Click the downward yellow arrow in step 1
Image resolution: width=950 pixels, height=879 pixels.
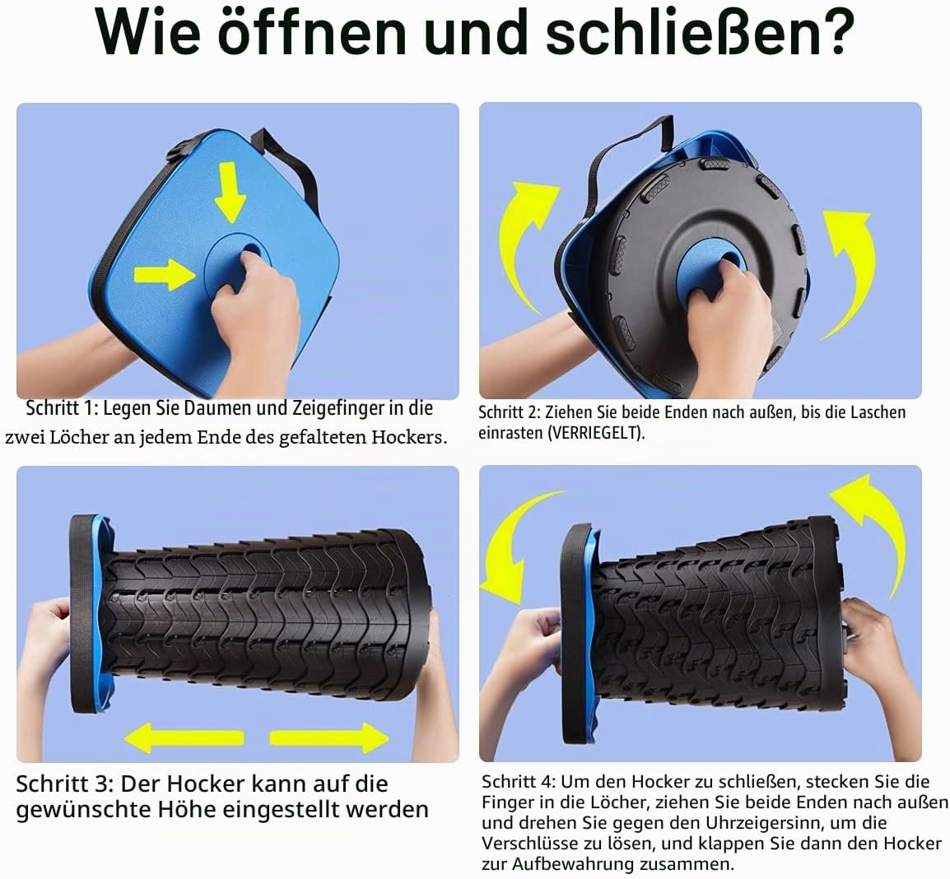tap(231, 192)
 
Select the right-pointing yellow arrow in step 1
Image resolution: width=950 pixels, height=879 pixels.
tap(164, 274)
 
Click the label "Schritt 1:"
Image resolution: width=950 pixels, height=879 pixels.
tap(61, 408)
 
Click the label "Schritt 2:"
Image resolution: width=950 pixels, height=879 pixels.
tap(509, 412)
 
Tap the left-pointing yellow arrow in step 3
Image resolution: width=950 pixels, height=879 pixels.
tap(184, 738)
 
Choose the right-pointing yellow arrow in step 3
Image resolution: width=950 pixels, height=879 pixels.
tap(329, 738)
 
